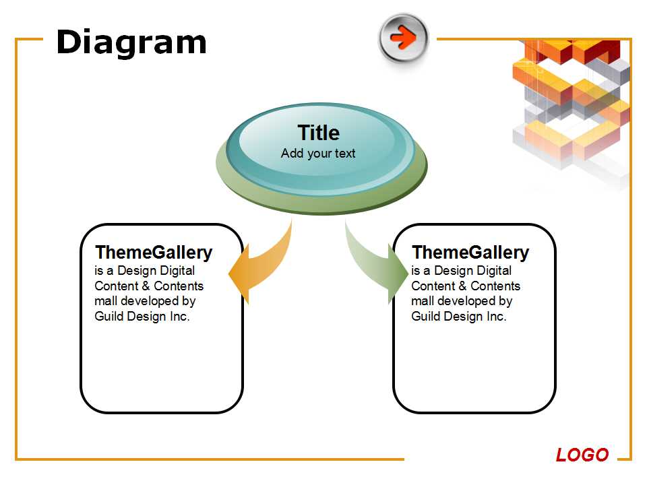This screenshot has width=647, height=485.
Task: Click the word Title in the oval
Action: (319, 133)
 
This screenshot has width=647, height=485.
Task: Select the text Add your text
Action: (318, 154)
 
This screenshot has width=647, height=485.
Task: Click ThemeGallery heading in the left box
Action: (154, 253)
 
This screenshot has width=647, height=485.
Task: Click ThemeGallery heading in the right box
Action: (470, 253)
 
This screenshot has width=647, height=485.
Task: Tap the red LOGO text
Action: (582, 455)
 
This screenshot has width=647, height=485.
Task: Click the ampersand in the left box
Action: (146, 286)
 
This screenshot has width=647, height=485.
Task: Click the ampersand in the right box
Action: (462, 286)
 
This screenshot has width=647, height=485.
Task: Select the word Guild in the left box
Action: (109, 317)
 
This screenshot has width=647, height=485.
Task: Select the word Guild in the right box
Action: (426, 317)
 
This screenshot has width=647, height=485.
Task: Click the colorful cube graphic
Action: (572, 111)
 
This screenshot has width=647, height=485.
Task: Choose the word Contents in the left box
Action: (179, 286)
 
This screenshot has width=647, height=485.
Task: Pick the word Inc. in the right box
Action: (497, 317)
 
